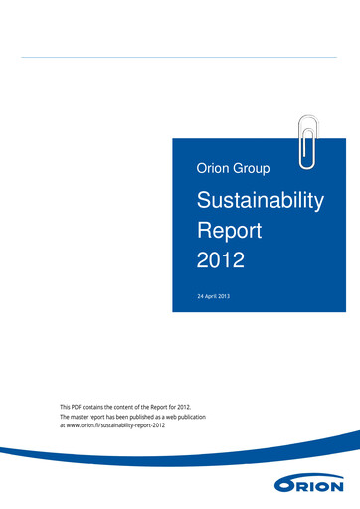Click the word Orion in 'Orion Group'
click(x=214, y=172)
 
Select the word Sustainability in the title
click(x=261, y=201)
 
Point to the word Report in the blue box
click(x=230, y=232)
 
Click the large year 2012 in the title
click(x=221, y=262)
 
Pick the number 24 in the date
click(x=202, y=297)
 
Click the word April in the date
click(x=215, y=297)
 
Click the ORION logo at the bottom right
click(x=310, y=485)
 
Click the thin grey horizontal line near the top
click(x=179, y=57)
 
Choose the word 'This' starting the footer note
click(x=67, y=407)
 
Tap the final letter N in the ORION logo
click(x=336, y=486)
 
